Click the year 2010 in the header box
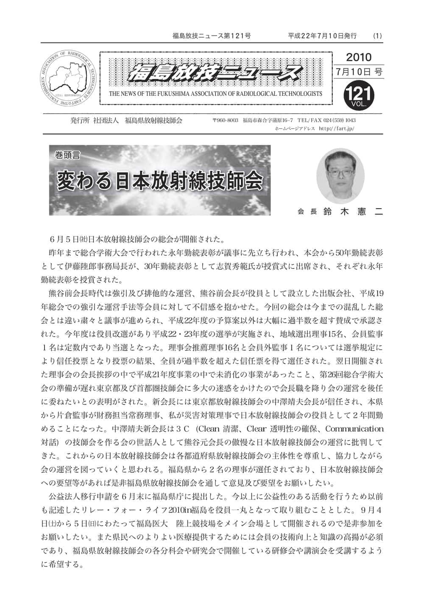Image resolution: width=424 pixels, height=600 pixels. click(358, 57)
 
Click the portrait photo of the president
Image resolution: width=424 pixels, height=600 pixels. click(340, 175)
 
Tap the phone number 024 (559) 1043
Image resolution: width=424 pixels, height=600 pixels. click(339, 120)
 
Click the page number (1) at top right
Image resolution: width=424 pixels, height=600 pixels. click(377, 36)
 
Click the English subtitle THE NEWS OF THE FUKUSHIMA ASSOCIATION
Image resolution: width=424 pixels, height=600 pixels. click(215, 94)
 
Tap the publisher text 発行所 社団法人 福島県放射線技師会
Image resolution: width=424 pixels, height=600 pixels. click(126, 120)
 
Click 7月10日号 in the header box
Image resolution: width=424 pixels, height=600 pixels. click(359, 72)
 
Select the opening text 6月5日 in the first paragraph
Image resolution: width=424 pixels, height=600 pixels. click(66, 239)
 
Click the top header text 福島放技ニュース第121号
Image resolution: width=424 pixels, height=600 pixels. click(212, 36)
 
